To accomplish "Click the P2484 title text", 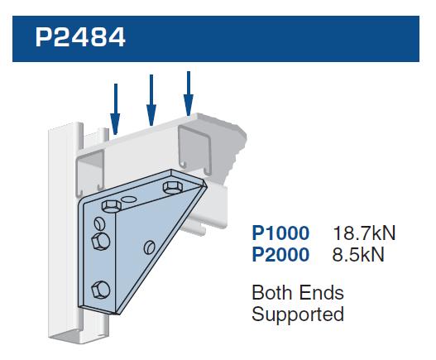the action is pyautogui.click(x=80, y=37).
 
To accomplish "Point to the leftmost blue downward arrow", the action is pyautogui.click(x=115, y=109).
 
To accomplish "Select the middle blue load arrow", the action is pyautogui.click(x=151, y=100).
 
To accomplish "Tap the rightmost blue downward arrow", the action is pyautogui.click(x=189, y=94).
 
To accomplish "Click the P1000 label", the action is pyautogui.click(x=280, y=233).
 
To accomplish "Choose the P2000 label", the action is pyautogui.click(x=280, y=255).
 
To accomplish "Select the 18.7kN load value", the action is pyautogui.click(x=364, y=233).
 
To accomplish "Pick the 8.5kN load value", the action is pyautogui.click(x=358, y=255).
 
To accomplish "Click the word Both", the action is pyautogui.click(x=272, y=292).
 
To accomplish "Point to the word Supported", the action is pyautogui.click(x=298, y=314).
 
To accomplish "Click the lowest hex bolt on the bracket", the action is pyautogui.click(x=100, y=290).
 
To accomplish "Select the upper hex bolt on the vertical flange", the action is pyautogui.click(x=100, y=242).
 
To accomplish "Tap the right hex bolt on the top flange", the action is pyautogui.click(x=172, y=187).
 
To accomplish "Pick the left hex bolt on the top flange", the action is pyautogui.click(x=112, y=205).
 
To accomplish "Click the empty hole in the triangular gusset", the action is pyautogui.click(x=149, y=247).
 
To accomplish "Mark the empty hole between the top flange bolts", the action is pyautogui.click(x=129, y=199).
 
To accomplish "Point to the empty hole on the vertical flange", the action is pyautogui.click(x=99, y=223).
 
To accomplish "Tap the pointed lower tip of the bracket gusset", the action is pyautogui.click(x=117, y=314).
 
